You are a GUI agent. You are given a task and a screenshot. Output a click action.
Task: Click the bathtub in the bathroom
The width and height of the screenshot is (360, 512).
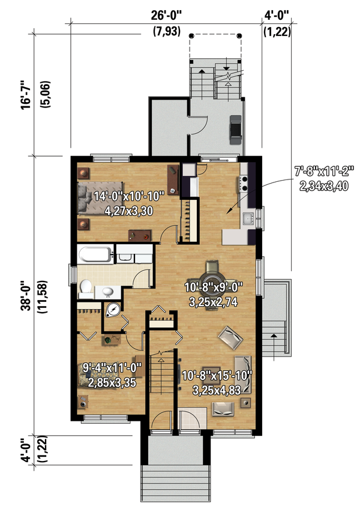click(x=95, y=254)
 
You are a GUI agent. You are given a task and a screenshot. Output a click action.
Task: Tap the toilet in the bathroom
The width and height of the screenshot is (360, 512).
click(x=86, y=288)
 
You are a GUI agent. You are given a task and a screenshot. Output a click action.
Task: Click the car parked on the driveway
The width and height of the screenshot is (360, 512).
click(x=236, y=130)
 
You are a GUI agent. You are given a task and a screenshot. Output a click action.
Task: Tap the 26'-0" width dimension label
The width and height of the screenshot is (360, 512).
click(x=166, y=15)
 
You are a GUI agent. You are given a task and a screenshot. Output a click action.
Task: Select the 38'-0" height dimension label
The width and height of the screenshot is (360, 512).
click(x=26, y=295)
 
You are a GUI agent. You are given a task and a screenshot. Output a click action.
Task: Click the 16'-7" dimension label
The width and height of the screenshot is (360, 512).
click(x=26, y=95)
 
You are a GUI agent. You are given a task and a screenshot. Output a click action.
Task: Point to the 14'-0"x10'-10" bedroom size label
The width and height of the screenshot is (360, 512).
click(x=128, y=196)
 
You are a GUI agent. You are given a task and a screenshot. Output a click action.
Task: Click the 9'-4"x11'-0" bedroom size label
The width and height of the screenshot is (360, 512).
click(x=112, y=369)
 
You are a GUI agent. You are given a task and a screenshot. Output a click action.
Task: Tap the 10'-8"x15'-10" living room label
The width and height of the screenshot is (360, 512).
click(x=217, y=376)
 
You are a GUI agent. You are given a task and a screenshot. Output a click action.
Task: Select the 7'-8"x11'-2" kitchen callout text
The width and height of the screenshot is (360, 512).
click(x=324, y=171)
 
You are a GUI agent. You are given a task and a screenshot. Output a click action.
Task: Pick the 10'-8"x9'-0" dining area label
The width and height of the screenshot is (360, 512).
click(x=214, y=288)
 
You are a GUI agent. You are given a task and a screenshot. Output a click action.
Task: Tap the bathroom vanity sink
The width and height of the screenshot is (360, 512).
click(x=108, y=291)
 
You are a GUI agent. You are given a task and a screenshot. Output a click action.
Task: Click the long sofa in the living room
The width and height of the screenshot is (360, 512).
click(x=243, y=374)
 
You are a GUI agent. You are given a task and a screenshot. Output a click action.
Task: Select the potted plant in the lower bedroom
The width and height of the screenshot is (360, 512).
click(x=108, y=340)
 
